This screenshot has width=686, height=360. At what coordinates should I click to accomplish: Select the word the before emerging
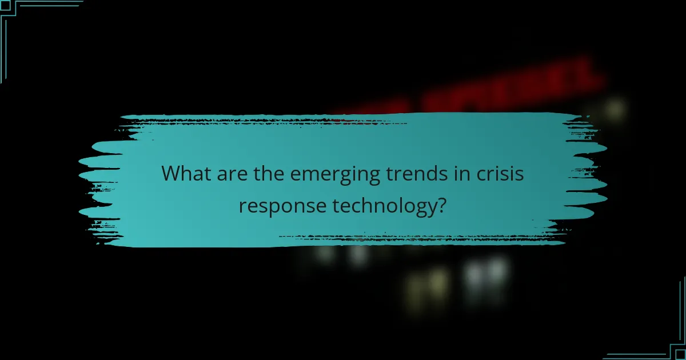(x=267, y=173)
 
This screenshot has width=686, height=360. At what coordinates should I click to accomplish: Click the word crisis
(x=497, y=173)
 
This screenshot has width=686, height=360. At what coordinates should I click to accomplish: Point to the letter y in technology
(x=429, y=206)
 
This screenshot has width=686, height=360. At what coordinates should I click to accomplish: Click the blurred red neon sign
(x=514, y=86)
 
